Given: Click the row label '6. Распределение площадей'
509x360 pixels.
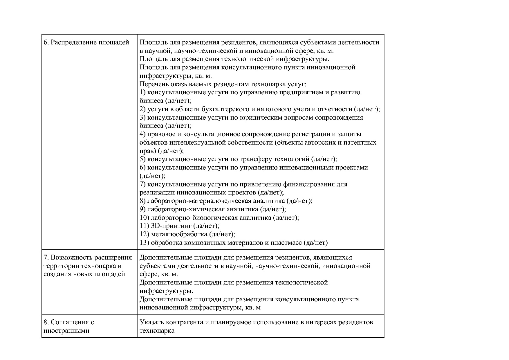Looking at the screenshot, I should [86, 42].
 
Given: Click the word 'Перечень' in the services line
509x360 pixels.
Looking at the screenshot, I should [152, 84].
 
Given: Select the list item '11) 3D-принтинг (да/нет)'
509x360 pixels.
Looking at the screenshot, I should [179, 226].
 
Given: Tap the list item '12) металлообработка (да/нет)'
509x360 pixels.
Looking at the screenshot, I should [187, 234].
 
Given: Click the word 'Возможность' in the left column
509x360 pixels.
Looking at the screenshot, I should [69, 258].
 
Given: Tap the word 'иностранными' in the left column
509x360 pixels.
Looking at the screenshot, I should [66, 330].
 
